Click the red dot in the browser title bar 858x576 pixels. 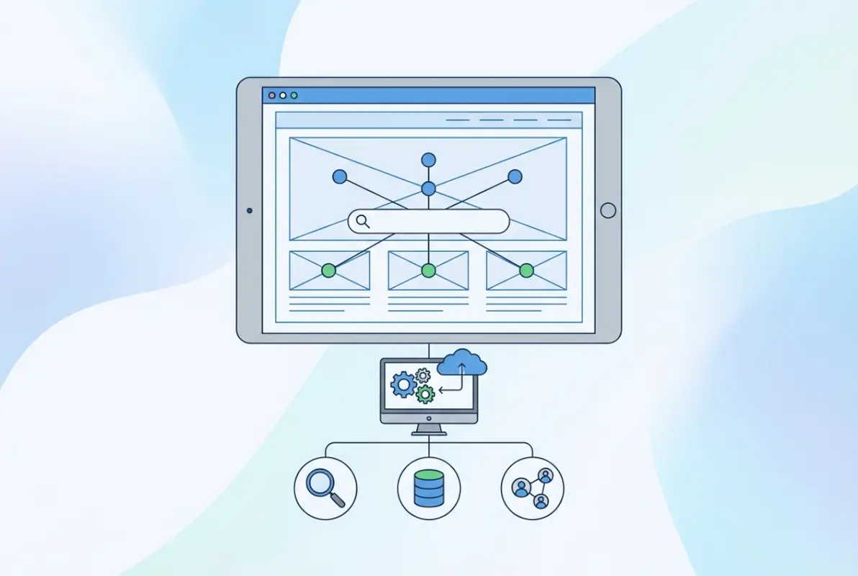coord(272,95)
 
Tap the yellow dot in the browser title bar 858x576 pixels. coord(283,95)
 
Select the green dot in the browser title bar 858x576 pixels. coord(294,95)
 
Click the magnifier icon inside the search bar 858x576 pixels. coord(363,222)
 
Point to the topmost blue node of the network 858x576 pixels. coord(428,160)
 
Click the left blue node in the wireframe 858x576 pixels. coord(340,176)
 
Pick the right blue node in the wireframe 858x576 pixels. coord(515,176)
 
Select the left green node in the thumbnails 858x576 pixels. coord(329,271)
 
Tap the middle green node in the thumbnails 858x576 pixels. coord(428,271)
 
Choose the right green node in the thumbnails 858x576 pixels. coord(527,271)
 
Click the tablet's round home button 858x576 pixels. coord(608,210)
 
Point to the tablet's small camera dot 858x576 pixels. coord(249,210)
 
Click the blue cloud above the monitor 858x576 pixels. coord(462,362)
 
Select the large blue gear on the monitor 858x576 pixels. coord(403,385)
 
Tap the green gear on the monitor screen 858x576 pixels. coord(425,394)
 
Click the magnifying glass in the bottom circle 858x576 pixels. coord(325,487)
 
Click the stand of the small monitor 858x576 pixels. coord(428,430)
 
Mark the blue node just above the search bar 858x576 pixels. coord(428,189)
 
